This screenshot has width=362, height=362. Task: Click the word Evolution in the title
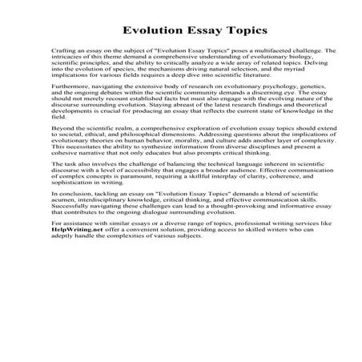[x=149, y=32]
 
